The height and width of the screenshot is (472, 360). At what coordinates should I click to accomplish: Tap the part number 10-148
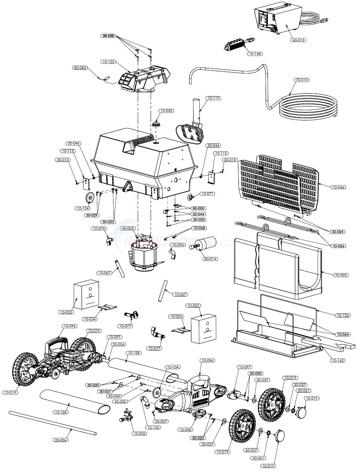(255, 54)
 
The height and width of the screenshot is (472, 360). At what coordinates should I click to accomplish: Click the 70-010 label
(302, 80)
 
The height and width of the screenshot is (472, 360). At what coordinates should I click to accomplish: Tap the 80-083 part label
(80, 68)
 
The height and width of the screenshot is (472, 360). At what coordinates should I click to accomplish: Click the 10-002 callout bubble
(166, 110)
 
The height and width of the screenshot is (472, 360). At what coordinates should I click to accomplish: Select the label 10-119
(213, 98)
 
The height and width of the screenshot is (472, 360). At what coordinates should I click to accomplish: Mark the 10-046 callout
(338, 187)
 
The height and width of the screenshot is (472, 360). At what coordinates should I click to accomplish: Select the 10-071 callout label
(208, 193)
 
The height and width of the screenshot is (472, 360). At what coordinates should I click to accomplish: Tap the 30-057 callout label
(105, 391)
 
